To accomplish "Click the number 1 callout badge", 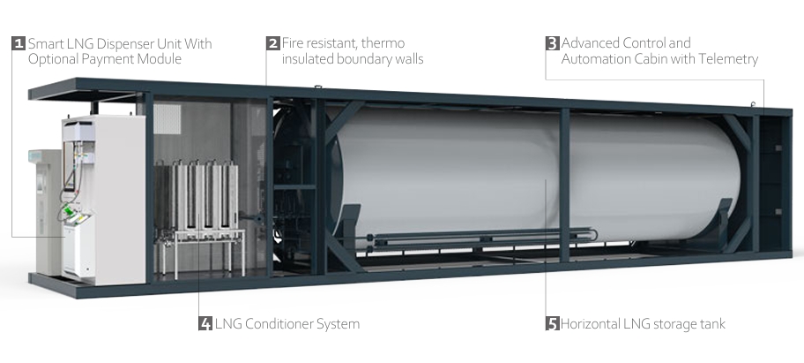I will pos(19,43).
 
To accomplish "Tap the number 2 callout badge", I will pos(273,43).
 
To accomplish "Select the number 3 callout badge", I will pos(552,43).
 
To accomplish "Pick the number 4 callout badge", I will pos(205,323).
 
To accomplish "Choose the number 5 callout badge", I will pos(552,323).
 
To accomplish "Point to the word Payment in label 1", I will pos(109,59).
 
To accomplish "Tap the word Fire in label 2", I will pos(294,43).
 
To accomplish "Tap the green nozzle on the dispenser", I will pos(68,213).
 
